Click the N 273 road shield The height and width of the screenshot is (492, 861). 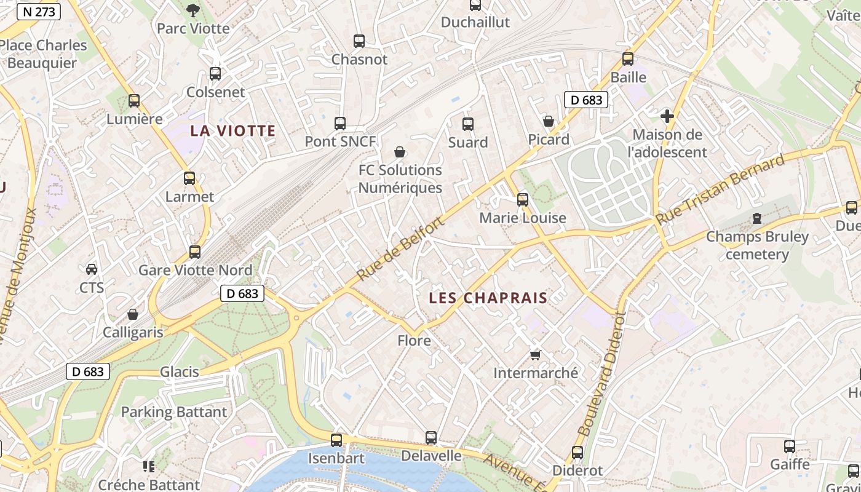point(39,11)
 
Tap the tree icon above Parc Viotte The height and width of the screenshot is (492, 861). point(193,9)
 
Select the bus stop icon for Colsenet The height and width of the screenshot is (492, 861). point(215,74)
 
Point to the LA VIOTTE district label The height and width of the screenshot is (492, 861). point(232,130)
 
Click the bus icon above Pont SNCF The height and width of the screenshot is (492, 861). point(340,123)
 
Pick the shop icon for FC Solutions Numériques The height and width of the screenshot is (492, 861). point(400,152)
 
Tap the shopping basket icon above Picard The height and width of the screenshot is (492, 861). point(549,121)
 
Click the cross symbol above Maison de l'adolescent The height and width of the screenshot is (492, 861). point(667,116)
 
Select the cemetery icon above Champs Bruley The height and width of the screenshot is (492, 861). point(757,218)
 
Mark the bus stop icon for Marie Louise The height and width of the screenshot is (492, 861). point(523,200)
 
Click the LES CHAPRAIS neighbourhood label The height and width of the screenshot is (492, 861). point(488,298)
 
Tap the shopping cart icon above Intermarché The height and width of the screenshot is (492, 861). point(535,355)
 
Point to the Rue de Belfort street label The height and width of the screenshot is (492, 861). point(400,250)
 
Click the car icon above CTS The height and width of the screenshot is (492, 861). point(92,269)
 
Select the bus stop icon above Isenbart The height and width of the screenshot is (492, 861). point(336,440)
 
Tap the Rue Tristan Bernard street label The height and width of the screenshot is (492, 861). point(721,189)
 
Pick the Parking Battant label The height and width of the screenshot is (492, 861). point(174,412)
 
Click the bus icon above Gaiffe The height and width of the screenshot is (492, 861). point(790,446)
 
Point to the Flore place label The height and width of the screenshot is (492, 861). point(414,340)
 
